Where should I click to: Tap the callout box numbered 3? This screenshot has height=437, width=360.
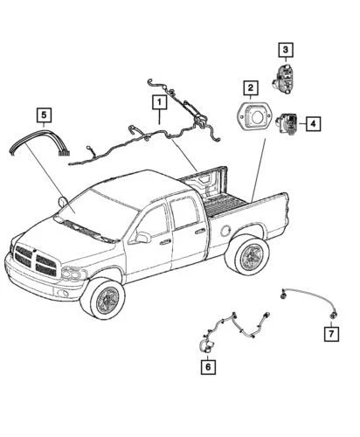pos(285,50)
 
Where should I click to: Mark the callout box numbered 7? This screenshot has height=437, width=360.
pos(332,334)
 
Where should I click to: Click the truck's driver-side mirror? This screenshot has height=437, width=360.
pos(142,238)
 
